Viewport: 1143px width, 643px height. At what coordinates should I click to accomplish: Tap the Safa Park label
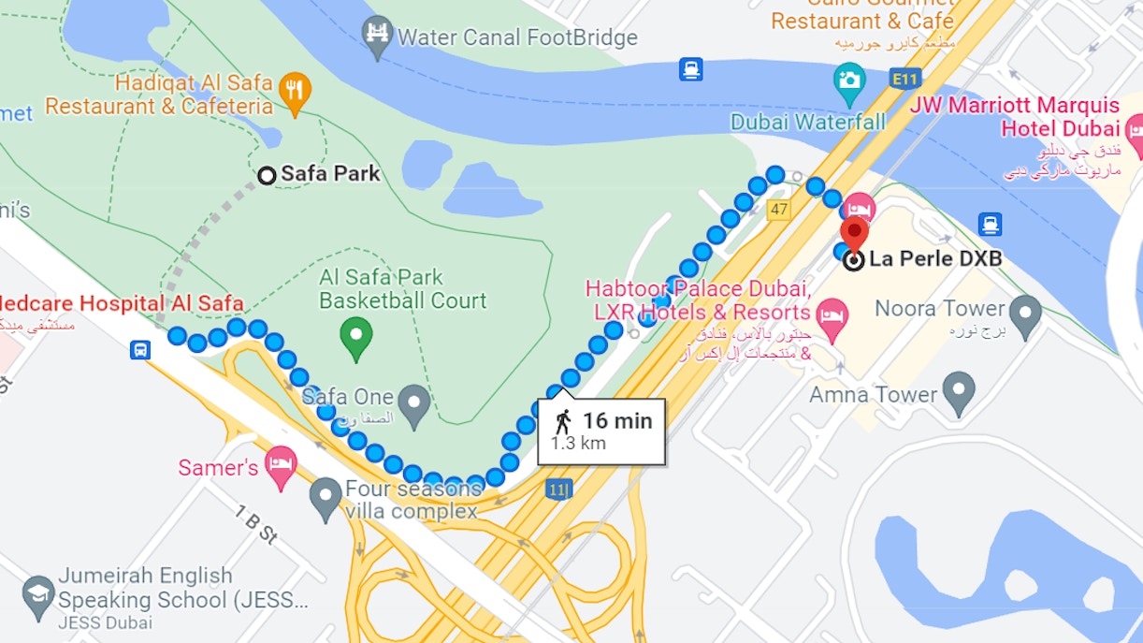[330, 174]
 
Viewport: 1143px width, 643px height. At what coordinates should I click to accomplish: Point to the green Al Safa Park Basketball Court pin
[355, 337]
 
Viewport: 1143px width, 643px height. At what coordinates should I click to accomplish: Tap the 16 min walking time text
[617, 421]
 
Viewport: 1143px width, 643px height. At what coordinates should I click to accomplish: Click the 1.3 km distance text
[578, 444]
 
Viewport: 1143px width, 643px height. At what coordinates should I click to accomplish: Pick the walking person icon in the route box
[563, 422]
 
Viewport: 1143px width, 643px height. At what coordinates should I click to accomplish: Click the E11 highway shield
[904, 80]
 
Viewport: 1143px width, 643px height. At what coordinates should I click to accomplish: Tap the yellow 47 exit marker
[778, 210]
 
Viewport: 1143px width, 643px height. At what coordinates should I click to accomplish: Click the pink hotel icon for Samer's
[282, 465]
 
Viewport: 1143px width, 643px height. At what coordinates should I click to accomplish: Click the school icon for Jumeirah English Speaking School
[38, 595]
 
